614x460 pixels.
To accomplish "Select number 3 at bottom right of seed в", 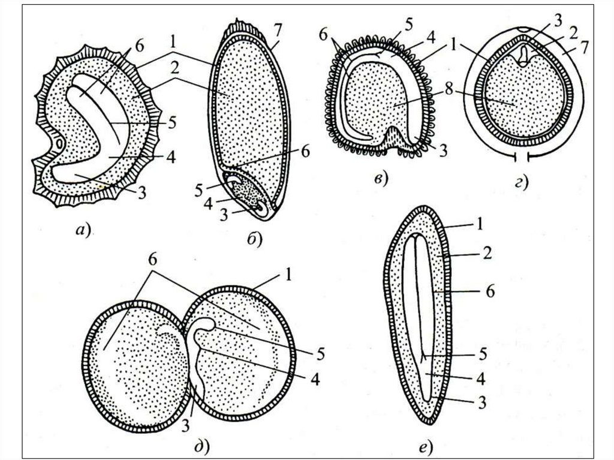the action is coord(444,151).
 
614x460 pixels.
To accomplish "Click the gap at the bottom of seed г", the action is coord(520,157).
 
